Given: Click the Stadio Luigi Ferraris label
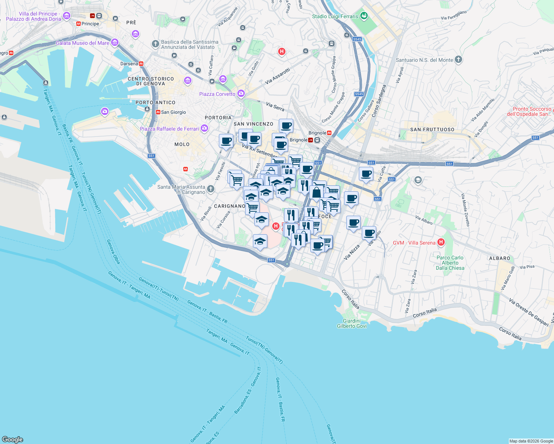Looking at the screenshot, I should click(x=335, y=16).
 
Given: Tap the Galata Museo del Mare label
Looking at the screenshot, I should click(x=82, y=43).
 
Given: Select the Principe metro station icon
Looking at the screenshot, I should click(x=79, y=24).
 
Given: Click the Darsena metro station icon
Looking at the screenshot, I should click(x=141, y=64).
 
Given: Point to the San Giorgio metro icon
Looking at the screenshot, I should click(x=158, y=112).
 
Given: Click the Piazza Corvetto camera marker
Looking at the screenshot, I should click(x=241, y=94).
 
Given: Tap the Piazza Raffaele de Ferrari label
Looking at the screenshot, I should click(x=169, y=129).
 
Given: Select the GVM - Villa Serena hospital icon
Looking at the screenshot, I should click(x=441, y=243).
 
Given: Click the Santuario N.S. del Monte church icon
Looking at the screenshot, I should click(x=458, y=60).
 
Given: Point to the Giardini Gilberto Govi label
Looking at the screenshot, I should click(x=352, y=323).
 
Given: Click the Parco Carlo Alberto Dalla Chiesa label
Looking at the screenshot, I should click(x=450, y=263).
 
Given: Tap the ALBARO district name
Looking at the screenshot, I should click(x=500, y=258).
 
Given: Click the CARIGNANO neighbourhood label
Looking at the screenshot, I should click(x=230, y=206).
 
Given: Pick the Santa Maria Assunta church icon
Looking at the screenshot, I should click(x=211, y=189).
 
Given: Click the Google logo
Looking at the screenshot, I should click(x=12, y=440).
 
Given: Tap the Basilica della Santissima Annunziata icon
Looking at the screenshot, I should click(x=156, y=44).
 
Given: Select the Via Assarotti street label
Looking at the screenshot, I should click(x=278, y=76).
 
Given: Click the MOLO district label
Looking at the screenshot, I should click(x=182, y=144).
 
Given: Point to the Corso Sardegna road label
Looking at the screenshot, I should click(x=379, y=101).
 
